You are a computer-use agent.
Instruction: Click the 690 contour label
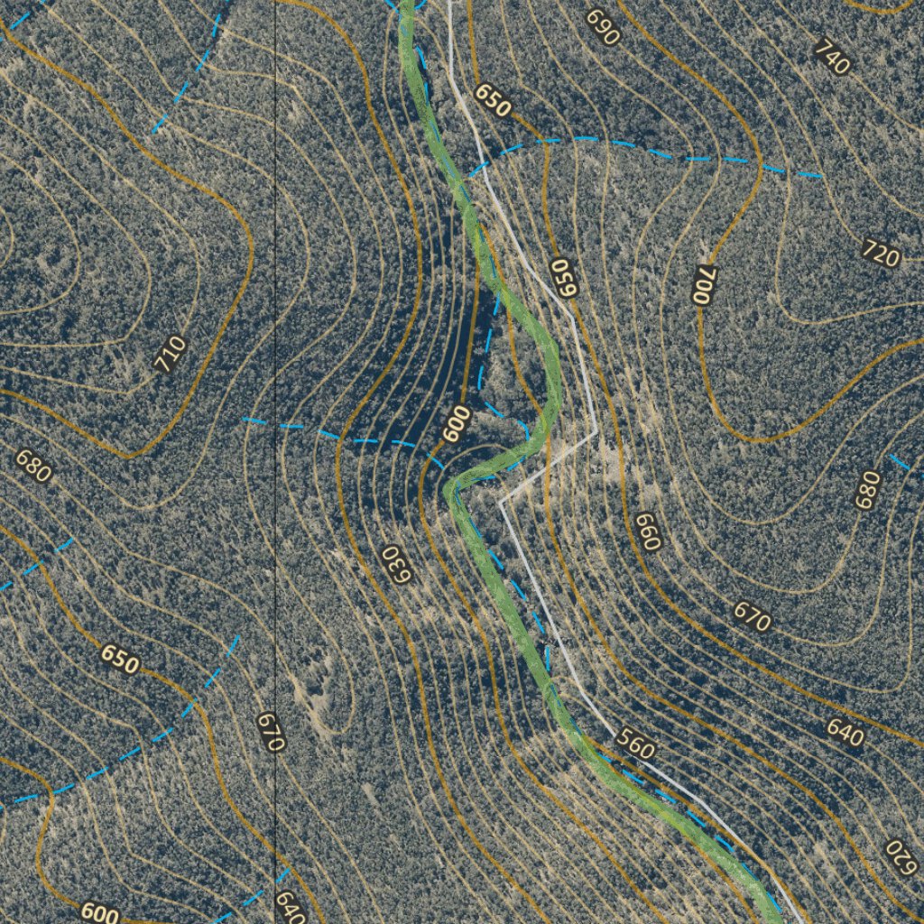[603, 27]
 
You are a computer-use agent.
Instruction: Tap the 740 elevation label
[831, 57]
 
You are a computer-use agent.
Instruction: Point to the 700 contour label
[704, 284]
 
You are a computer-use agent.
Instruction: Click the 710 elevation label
[170, 354]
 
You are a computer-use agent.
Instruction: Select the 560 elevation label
[635, 744]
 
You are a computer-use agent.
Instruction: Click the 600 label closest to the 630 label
[457, 423]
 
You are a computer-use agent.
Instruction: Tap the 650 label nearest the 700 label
[563, 278]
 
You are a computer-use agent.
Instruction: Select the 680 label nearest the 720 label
[867, 489]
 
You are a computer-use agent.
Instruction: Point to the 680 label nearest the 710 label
[33, 467]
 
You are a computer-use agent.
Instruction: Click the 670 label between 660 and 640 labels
[751, 616]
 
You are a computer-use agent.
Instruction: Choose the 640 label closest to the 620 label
[845, 732]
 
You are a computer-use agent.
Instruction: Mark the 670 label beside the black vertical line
[270, 732]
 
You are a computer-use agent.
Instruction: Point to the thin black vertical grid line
[274, 271]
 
